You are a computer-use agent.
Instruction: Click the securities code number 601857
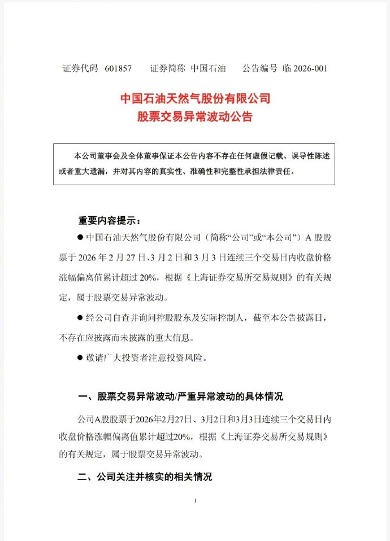(118, 69)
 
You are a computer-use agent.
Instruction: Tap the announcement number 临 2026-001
(305, 69)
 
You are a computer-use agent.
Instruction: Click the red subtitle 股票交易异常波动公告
(196, 117)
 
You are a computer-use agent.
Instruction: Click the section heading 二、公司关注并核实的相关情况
(145, 477)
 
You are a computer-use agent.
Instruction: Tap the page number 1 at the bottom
(194, 501)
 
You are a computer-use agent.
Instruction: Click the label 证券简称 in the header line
(168, 69)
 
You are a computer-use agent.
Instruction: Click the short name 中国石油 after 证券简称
(208, 69)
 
